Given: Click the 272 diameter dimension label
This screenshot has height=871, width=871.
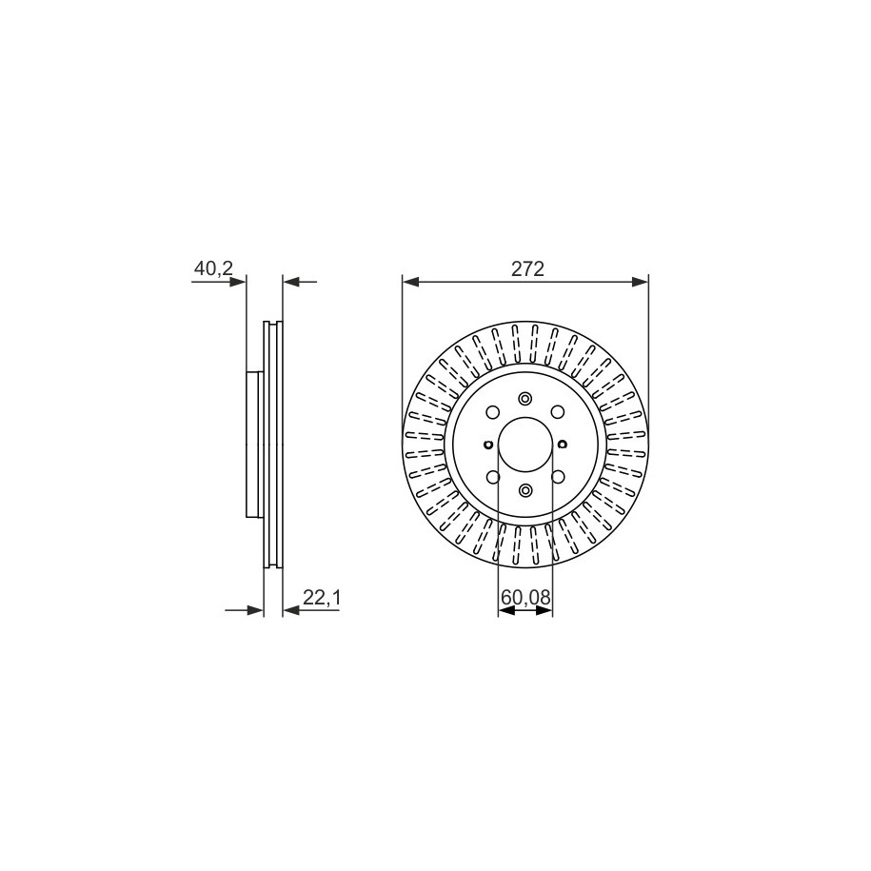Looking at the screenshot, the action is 527,269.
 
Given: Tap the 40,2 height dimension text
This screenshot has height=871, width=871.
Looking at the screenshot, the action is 212,268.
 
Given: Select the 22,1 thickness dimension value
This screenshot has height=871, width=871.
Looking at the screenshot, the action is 321,597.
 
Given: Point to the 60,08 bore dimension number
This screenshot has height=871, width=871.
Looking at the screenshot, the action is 525,597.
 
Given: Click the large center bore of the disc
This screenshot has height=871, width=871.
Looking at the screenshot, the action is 525,445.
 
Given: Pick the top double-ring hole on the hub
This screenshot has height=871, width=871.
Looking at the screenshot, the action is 525,399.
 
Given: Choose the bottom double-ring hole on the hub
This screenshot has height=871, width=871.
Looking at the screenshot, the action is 525,490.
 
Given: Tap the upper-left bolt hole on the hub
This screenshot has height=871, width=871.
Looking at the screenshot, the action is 492,412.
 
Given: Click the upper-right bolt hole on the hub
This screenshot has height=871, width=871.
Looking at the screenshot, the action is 558,411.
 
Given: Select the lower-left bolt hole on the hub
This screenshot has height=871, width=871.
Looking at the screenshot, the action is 492,477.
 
